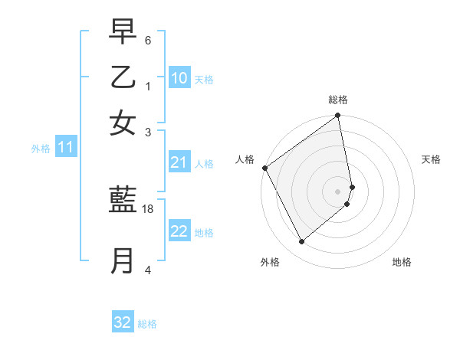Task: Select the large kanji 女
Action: [x=123, y=123]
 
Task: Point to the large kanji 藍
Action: [x=123, y=201]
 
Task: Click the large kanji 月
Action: [x=123, y=260]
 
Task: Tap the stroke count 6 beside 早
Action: [x=147, y=40]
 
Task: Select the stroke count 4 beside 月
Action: [x=147, y=270]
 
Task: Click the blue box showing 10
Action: [x=179, y=78]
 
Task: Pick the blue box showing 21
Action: [x=179, y=162]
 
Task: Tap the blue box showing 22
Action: [x=179, y=232]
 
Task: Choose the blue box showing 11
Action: [x=65, y=148]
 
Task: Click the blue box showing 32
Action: [x=123, y=322]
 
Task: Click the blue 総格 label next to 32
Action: [x=147, y=324]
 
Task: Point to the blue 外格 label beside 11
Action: [x=41, y=149]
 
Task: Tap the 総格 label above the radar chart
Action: [x=337, y=100]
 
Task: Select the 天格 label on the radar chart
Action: [x=431, y=159]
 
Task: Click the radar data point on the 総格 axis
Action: [x=337, y=116]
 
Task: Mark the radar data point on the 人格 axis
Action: [x=264, y=168]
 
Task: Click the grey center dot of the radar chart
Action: [x=337, y=191]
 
